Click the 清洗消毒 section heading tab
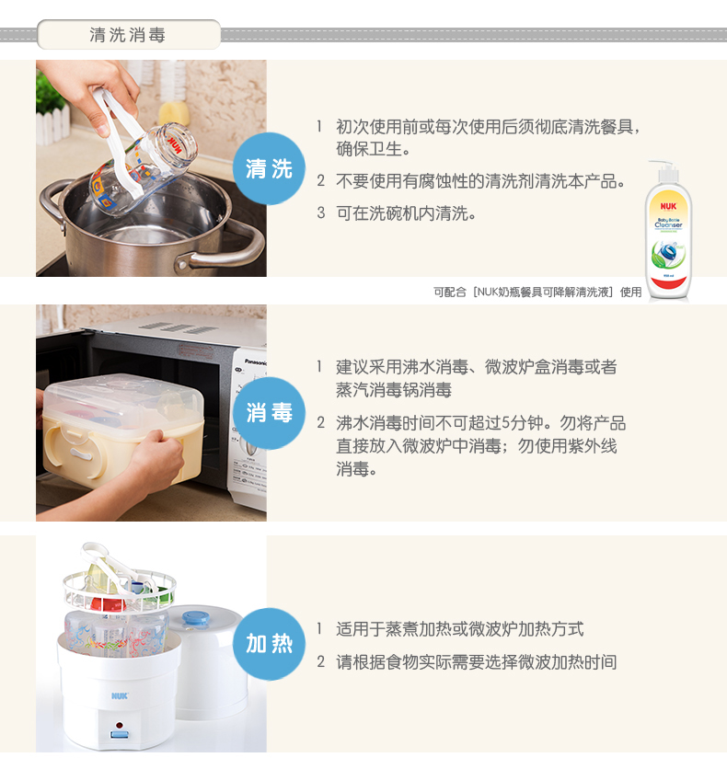click(x=129, y=34)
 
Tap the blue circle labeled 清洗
click(x=269, y=168)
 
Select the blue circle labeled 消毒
click(x=269, y=413)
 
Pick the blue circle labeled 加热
click(x=269, y=644)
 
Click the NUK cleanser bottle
click(x=668, y=230)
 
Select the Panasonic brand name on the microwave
click(x=256, y=362)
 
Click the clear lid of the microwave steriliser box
click(x=123, y=398)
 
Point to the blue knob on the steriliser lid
click(x=196, y=618)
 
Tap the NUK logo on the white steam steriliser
click(x=120, y=696)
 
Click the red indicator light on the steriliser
click(x=120, y=726)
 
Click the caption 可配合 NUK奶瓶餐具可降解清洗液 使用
click(x=537, y=293)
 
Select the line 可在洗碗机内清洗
click(x=406, y=213)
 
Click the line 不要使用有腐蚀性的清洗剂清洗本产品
click(x=480, y=181)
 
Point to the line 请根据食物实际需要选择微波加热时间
click(x=477, y=662)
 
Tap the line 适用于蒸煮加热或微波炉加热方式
click(x=460, y=629)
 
